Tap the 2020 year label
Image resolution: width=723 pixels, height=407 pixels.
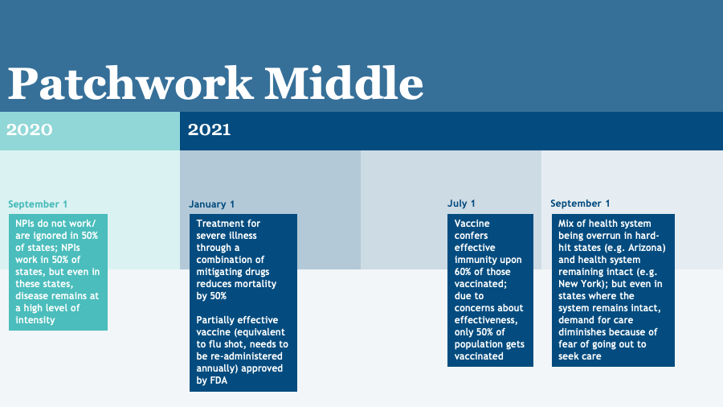pos(30,129)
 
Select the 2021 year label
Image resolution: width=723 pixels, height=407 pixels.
pos(210,129)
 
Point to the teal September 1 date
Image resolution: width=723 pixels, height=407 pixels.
pos(38,204)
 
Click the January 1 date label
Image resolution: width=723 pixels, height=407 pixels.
pos(212,204)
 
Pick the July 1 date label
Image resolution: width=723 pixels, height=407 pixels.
pos(461,203)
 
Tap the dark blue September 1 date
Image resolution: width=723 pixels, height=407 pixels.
pos(580,203)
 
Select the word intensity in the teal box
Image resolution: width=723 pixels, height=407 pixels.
pos(36,320)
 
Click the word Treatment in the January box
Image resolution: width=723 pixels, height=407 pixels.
pos(217,224)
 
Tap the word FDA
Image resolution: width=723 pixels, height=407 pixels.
pos(217,380)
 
